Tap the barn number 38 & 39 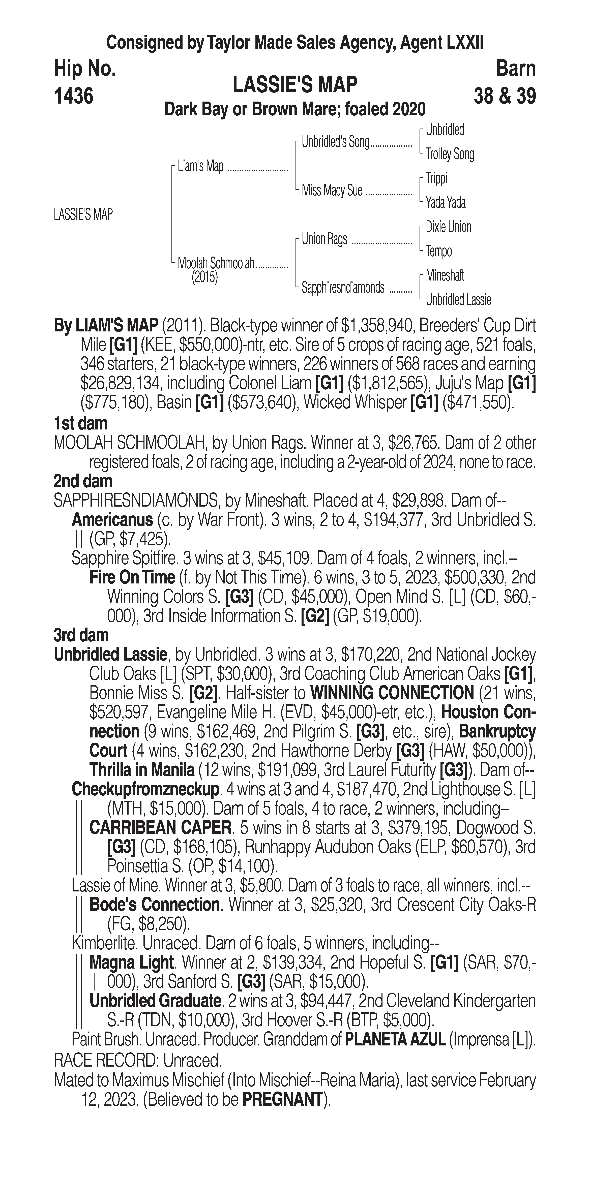pos(505,96)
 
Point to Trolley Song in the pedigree pos(450,154)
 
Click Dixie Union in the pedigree pos(448,227)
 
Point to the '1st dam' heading pos(80,423)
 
